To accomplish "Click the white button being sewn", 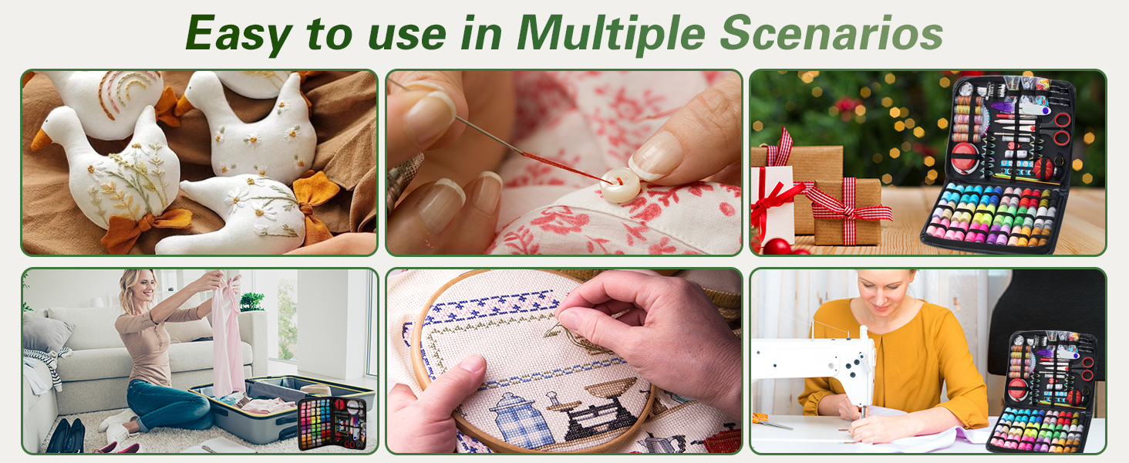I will (x=621, y=185).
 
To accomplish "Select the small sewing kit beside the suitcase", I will (x=332, y=423).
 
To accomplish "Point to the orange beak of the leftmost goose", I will (x=40, y=139).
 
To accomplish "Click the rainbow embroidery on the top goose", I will (x=123, y=96).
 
